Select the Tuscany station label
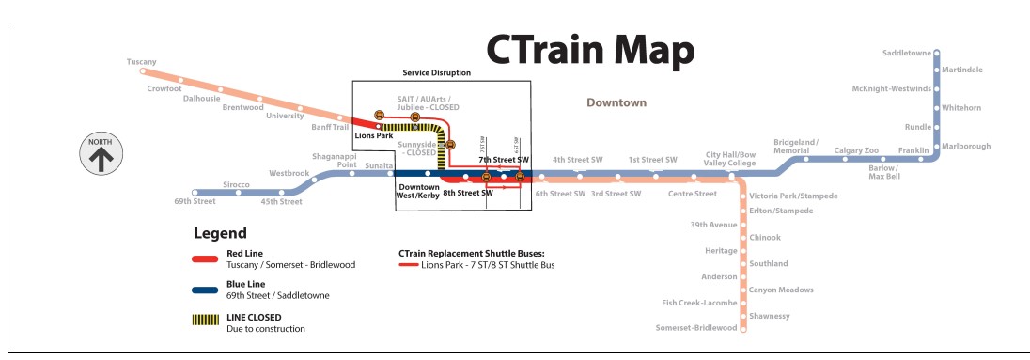coord(141,61)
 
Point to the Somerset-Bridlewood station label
coord(694,327)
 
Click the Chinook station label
coord(765,237)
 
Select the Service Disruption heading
coord(436,73)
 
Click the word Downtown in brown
coord(616,102)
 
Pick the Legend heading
coord(220,233)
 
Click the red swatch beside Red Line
coord(205,259)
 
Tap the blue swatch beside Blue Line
coord(205,290)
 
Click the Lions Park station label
coord(373,135)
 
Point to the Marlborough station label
coord(967,147)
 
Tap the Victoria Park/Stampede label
coord(793,196)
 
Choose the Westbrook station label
coord(289,173)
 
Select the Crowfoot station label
coord(164,88)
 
